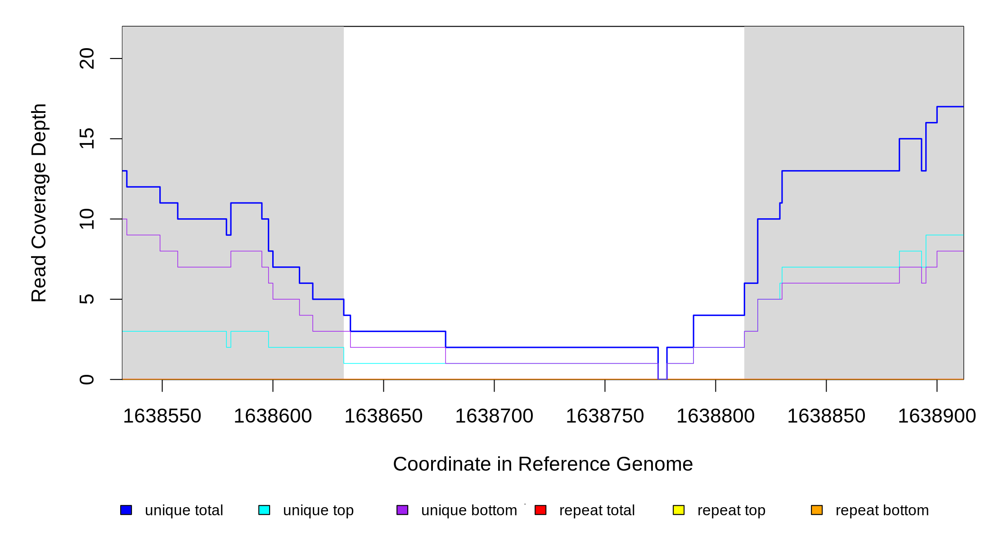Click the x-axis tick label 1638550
(x=162, y=416)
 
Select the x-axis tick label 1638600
(x=273, y=416)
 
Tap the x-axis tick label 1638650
(x=383, y=416)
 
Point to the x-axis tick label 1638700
(x=494, y=416)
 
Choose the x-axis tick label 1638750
(x=605, y=416)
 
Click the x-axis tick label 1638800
(x=715, y=416)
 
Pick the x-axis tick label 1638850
(x=826, y=416)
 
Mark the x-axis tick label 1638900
(x=937, y=416)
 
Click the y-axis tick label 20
(x=87, y=58)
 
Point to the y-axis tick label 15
(x=87, y=139)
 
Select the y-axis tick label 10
(x=87, y=219)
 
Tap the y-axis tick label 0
(x=87, y=379)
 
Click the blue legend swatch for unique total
(x=126, y=510)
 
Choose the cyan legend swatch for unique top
(x=264, y=510)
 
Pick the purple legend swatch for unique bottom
(x=402, y=510)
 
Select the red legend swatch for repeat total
(x=540, y=510)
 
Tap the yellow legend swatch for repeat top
(x=679, y=510)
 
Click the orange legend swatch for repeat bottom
(x=817, y=510)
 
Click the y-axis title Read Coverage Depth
(x=39, y=202)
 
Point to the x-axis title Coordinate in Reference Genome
(x=543, y=464)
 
